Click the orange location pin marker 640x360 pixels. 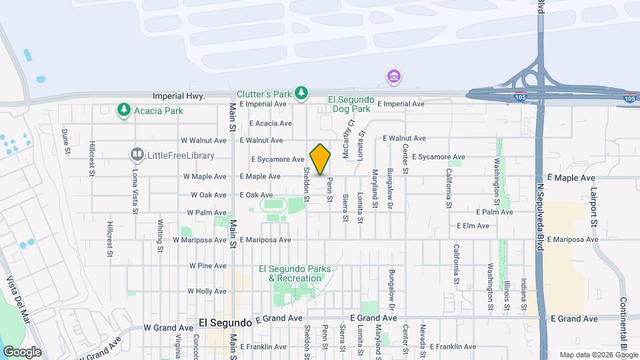321,159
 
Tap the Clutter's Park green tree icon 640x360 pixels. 301,93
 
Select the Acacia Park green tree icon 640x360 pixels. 123,109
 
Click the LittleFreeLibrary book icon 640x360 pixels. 137,155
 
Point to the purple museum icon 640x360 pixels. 393,77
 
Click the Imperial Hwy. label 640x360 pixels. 178,97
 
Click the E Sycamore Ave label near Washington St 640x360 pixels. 437,157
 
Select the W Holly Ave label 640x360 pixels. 209,291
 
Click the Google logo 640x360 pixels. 22,352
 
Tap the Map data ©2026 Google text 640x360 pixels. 598,355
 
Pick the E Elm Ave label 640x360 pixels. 473,226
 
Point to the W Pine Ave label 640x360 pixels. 207,265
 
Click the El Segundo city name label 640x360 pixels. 225,322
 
